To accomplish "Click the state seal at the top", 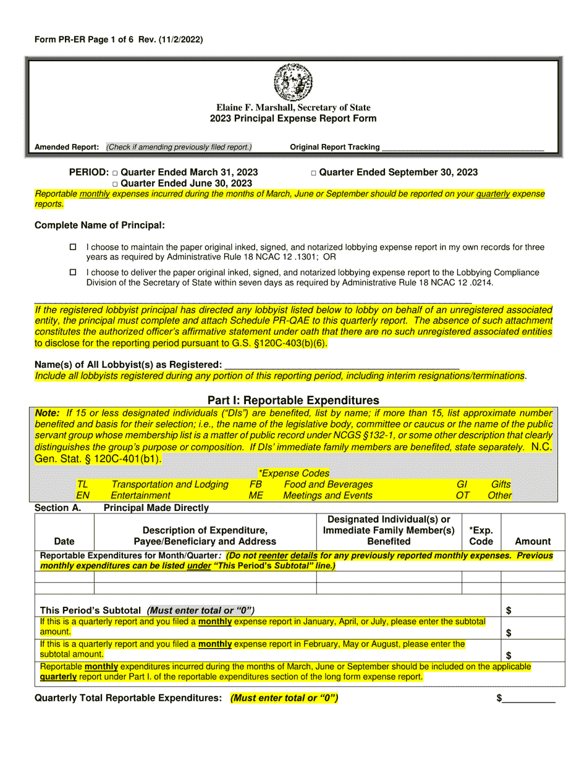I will pos(293,83).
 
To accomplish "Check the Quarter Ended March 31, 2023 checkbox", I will pos(115,173).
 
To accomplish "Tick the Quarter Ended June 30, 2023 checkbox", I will pos(115,184).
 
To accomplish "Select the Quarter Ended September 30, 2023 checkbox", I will pos(314,173).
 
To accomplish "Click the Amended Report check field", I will pos(179,147).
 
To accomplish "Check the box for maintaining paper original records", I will pos(73,247).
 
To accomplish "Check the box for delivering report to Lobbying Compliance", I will pos(73,272).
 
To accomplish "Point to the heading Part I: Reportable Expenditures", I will pos(293,400).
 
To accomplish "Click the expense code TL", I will pos(82,484).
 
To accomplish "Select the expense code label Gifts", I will pos(500,484).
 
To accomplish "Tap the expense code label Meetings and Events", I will pos(327,496).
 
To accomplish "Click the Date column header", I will pos(64,541).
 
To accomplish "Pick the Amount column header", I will pos(533,541).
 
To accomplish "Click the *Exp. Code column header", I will pos(481,536).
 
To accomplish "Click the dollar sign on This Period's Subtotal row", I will pos(509,610).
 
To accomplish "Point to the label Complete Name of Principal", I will pos(99,226).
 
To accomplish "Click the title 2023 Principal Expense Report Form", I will pos(293,119).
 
